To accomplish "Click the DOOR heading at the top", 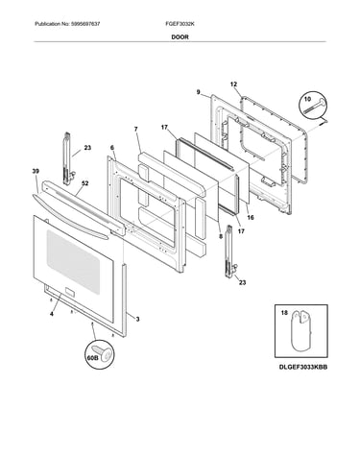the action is coord(180,37).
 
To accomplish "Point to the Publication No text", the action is coord(67,24).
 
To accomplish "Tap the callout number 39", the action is coord(36,172).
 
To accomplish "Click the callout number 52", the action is coord(85,183).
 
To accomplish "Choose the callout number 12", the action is coord(233,84).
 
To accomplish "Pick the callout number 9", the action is coord(199,92).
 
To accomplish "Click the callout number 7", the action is coord(136,129).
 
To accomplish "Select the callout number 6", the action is coord(112,148).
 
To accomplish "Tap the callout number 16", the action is coord(251,218).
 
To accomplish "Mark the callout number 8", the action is coord(221,237).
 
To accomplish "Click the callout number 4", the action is coord(52,314).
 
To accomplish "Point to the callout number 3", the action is coord(137,319).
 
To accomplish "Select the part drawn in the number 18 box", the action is coord(300,331).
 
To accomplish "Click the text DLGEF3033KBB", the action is coord(303,367).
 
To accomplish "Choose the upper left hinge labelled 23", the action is coord(68,158).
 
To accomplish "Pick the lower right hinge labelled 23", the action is coord(231,252).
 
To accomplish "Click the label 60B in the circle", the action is coord(92,358).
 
